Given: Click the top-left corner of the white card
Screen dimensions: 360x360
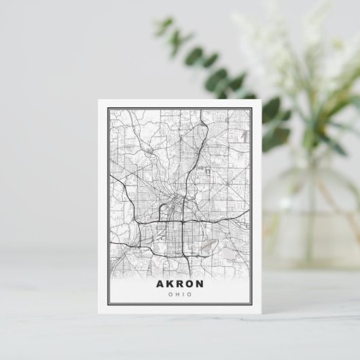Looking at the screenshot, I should click(97, 100).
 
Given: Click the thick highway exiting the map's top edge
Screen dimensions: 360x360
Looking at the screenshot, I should click(203, 109).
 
